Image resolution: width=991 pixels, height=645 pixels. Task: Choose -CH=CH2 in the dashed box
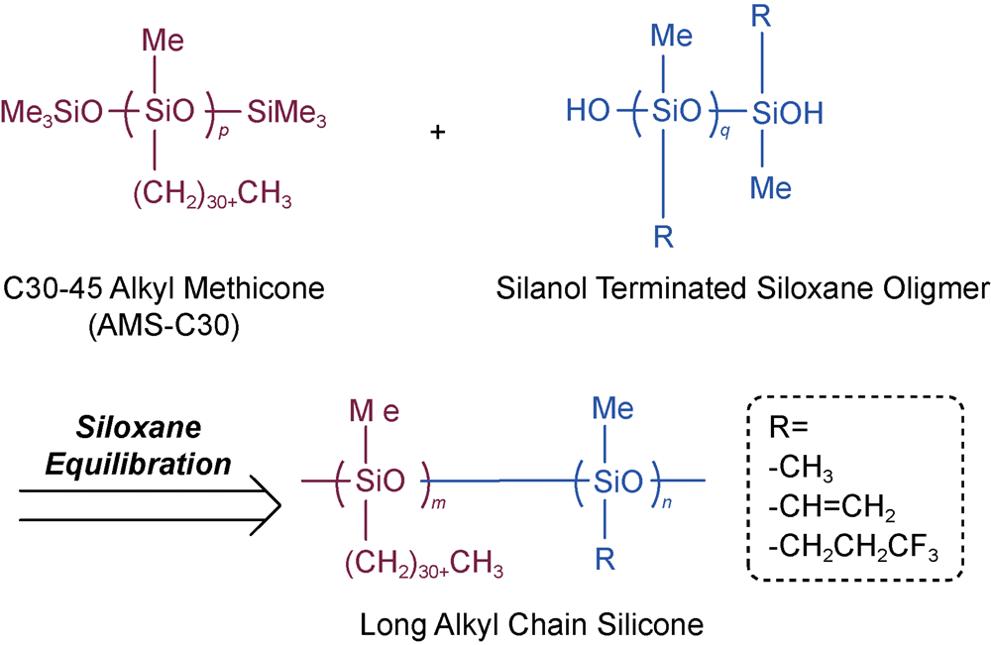pos(831,509)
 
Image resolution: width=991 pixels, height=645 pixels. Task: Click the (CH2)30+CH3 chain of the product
pos(425,568)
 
